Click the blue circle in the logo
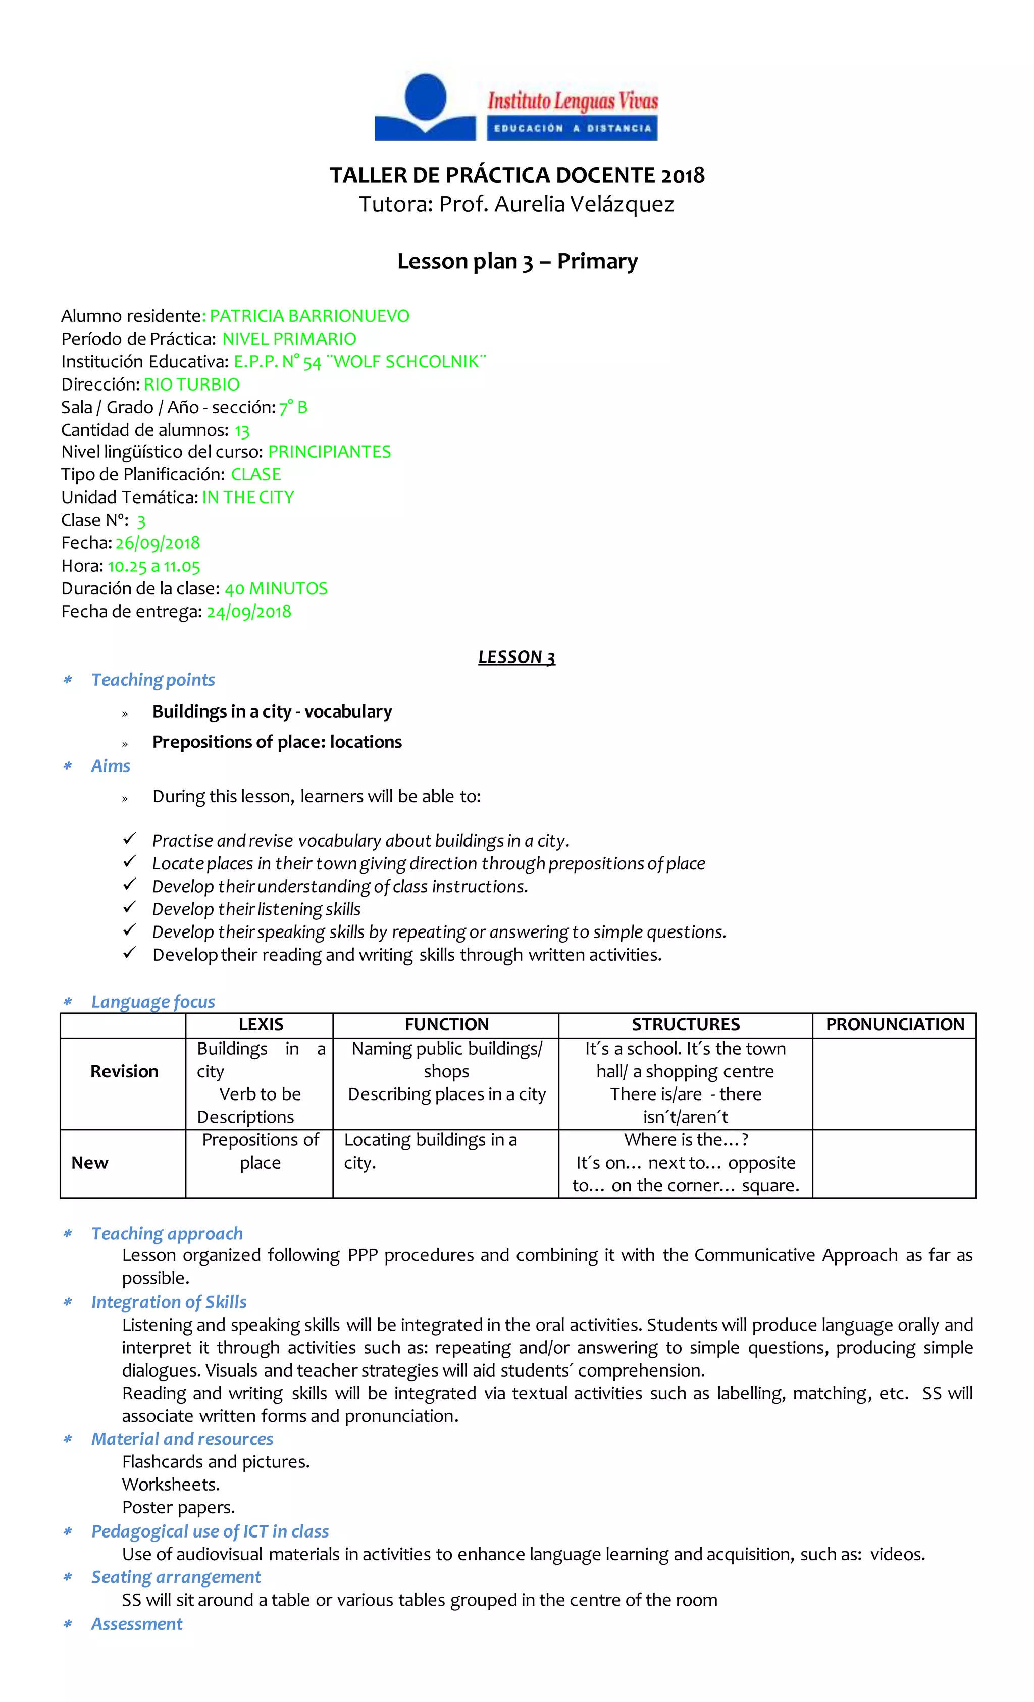(x=425, y=95)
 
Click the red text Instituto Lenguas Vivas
(x=573, y=101)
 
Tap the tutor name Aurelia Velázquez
(x=584, y=204)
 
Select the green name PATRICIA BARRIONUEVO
(x=309, y=316)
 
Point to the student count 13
(x=241, y=431)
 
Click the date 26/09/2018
(x=158, y=543)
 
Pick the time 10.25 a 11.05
(x=153, y=567)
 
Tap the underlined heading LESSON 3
(x=516, y=657)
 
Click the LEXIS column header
(x=261, y=1024)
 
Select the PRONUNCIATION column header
(x=894, y=1024)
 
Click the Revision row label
(x=124, y=1071)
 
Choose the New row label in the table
(x=90, y=1163)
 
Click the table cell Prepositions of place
(x=261, y=1151)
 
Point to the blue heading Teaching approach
(x=167, y=1233)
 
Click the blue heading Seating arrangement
(x=176, y=1577)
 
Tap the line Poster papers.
(x=178, y=1507)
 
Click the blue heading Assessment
(x=137, y=1623)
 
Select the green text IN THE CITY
(x=247, y=498)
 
